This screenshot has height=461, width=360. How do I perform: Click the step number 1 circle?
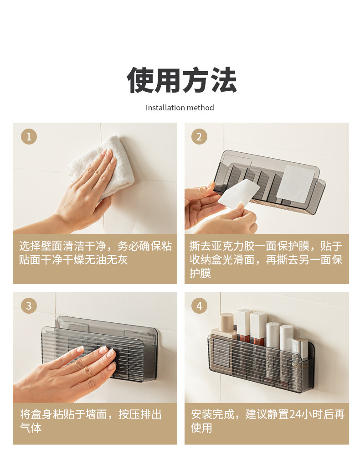pyautogui.click(x=29, y=137)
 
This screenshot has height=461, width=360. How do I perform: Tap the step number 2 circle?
pyautogui.click(x=199, y=137)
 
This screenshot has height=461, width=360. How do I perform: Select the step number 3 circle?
pyautogui.click(x=29, y=306)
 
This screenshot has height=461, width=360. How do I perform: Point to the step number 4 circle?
pyautogui.click(x=199, y=306)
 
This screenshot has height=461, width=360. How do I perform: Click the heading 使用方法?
pyautogui.click(x=182, y=80)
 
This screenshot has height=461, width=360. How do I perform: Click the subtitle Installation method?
pyautogui.click(x=180, y=108)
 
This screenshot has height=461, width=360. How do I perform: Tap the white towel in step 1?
pyautogui.click(x=101, y=168)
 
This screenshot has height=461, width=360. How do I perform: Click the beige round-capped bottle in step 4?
pyautogui.click(x=226, y=323)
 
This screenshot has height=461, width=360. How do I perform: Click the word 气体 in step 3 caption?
pyautogui.click(x=31, y=428)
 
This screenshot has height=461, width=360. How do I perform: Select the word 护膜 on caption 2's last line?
pyautogui.click(x=201, y=273)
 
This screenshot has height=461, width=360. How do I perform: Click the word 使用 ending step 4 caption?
pyautogui.click(x=201, y=428)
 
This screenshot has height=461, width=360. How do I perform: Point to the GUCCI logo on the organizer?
pyautogui.click(x=222, y=352)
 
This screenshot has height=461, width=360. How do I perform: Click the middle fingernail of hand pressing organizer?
pyautogui.click(x=103, y=350)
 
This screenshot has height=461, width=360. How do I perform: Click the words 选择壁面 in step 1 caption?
pyautogui.click(x=41, y=246)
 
